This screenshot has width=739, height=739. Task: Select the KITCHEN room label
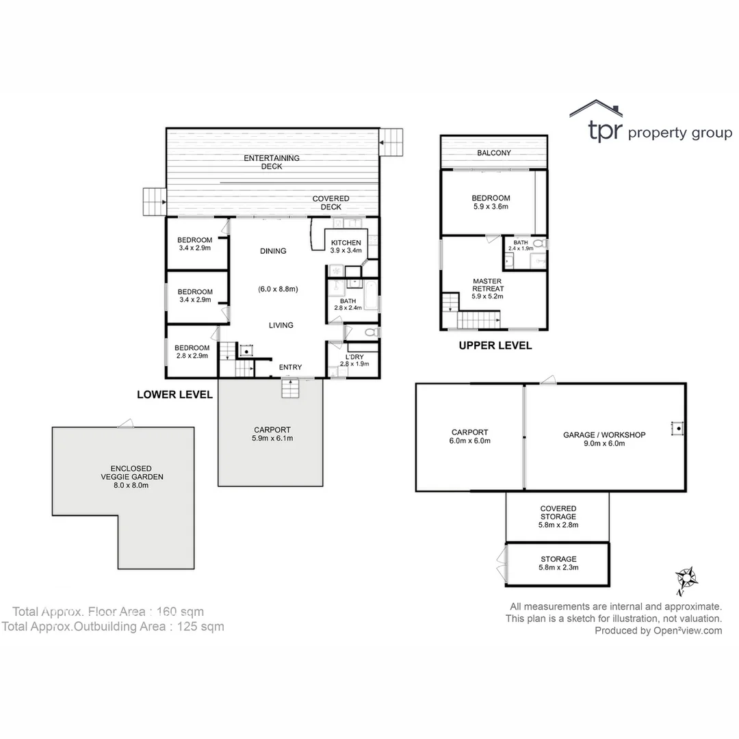click(x=346, y=243)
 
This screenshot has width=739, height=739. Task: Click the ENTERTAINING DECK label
click(x=272, y=162)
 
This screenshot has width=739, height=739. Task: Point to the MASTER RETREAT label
click(x=488, y=285)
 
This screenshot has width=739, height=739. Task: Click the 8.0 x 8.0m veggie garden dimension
click(x=131, y=485)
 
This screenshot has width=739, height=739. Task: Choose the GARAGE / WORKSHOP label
click(x=604, y=435)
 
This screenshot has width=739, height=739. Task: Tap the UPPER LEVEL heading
click(x=495, y=346)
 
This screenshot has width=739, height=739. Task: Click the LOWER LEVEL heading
click(x=175, y=395)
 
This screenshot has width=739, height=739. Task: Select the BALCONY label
click(x=494, y=153)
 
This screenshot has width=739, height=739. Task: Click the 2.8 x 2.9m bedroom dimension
click(x=192, y=356)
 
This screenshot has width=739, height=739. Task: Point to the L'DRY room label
click(x=354, y=356)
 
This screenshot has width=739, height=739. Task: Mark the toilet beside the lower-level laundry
click(x=372, y=333)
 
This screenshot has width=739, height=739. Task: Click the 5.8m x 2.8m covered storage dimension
click(x=558, y=525)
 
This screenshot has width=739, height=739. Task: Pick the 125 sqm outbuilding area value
click(x=200, y=627)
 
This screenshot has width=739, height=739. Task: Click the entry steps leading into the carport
click(x=290, y=389)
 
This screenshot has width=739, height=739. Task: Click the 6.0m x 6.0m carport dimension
click(x=470, y=441)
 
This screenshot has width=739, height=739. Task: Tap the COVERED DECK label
click(x=331, y=203)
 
